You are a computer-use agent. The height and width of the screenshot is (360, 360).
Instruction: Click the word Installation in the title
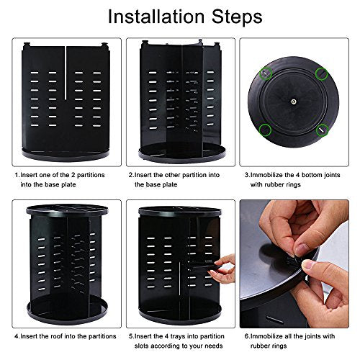point(156,17)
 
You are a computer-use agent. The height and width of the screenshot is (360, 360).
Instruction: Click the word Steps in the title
point(237,17)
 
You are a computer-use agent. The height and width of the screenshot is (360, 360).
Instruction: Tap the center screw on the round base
point(294,102)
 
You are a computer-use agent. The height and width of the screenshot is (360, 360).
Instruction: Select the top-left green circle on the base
point(266,73)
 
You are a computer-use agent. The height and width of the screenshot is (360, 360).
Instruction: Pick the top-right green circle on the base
point(322,73)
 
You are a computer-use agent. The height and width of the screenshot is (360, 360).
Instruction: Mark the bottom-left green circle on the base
point(265,130)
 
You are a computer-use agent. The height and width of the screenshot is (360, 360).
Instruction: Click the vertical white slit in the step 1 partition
point(66,73)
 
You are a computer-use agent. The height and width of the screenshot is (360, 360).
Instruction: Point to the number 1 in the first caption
point(17,175)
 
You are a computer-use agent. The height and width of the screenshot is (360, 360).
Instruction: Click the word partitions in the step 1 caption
point(91,175)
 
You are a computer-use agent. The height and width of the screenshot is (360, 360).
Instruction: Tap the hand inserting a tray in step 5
point(222,269)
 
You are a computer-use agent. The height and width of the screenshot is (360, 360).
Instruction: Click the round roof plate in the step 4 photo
point(68,210)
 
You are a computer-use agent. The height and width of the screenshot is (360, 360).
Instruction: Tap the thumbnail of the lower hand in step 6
point(309,264)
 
